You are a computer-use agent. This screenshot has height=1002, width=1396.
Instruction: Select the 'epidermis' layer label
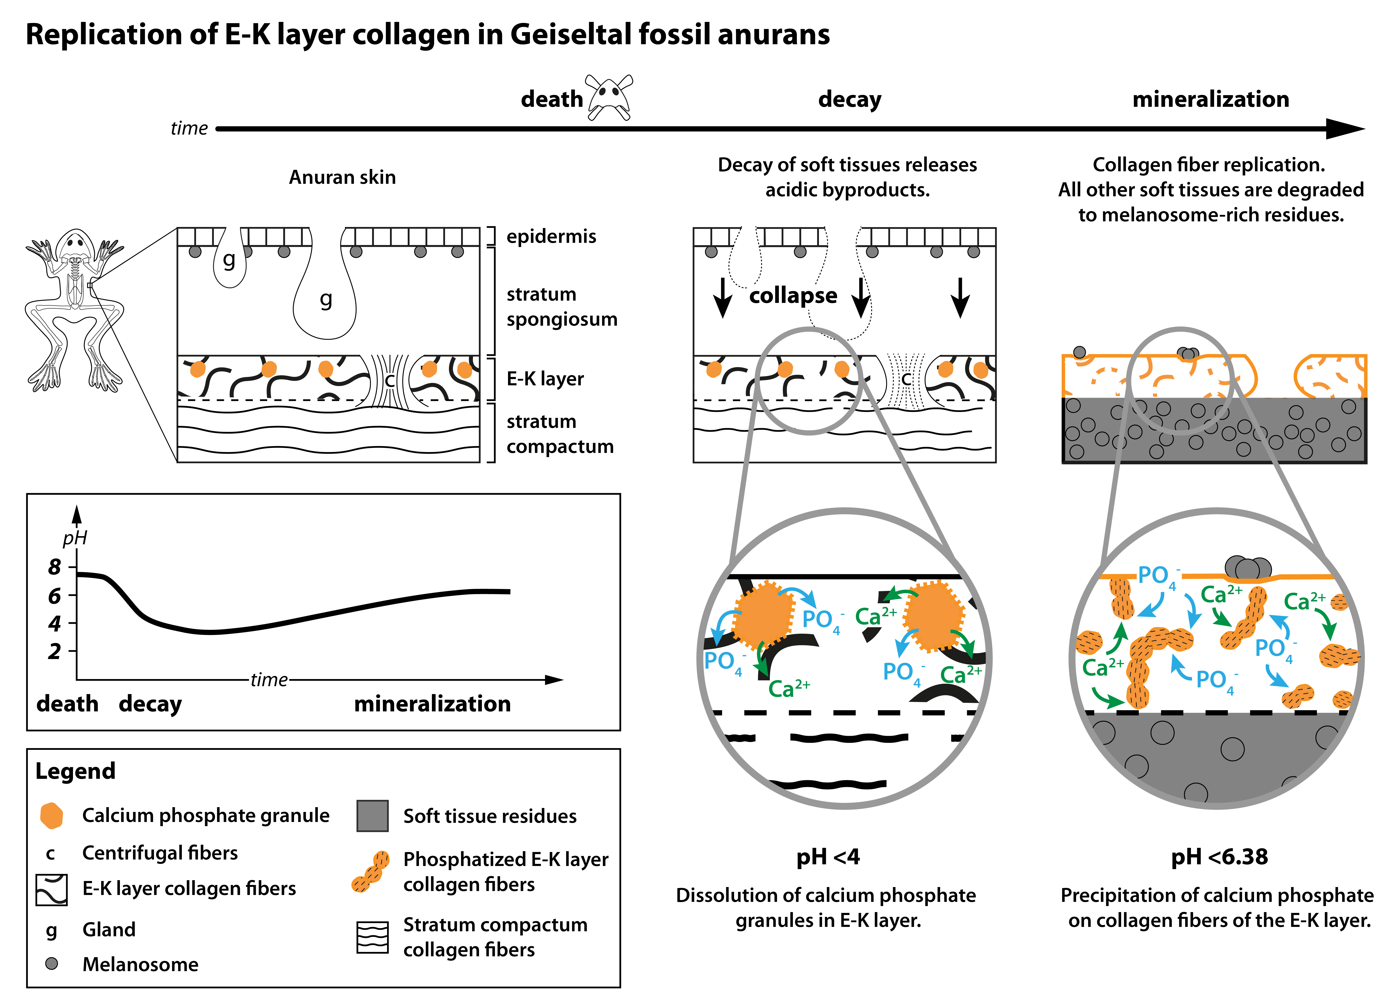coord(551,237)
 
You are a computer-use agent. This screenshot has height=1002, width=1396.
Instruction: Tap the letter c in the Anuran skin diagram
coord(389,380)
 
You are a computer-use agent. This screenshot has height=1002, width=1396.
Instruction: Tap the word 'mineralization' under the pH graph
coord(432,703)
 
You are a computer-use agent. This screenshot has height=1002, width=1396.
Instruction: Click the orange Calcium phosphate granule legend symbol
coord(52,815)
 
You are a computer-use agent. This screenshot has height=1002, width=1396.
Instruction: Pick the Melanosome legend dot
coord(52,963)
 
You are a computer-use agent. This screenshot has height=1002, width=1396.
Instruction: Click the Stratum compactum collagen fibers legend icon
coord(372,937)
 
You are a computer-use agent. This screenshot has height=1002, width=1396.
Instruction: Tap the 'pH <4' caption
coord(828,857)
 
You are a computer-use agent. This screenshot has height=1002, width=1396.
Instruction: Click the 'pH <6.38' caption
coord(1219,857)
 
